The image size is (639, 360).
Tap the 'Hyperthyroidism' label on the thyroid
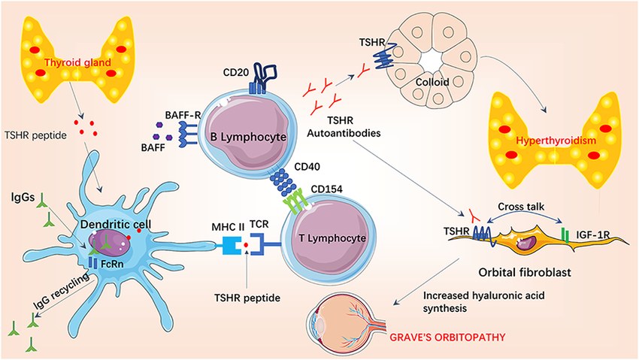[550, 141]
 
